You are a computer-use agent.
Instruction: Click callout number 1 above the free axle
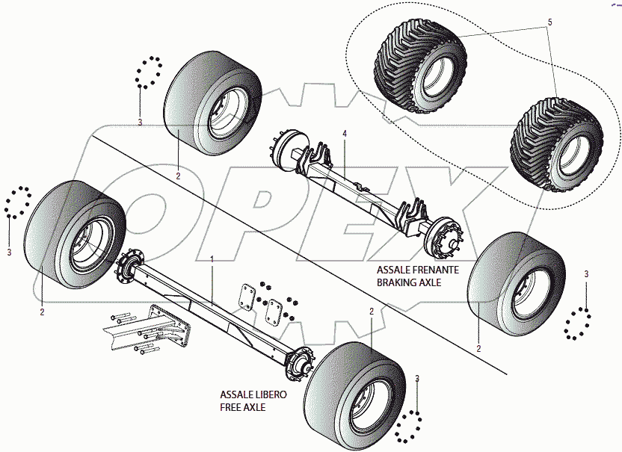tap(212, 258)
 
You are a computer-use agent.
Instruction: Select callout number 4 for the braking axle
tap(345, 134)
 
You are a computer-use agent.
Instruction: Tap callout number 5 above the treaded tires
tap(549, 23)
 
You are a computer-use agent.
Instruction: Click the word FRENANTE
tap(434, 270)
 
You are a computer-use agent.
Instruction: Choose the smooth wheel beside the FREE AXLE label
tap(357, 388)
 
